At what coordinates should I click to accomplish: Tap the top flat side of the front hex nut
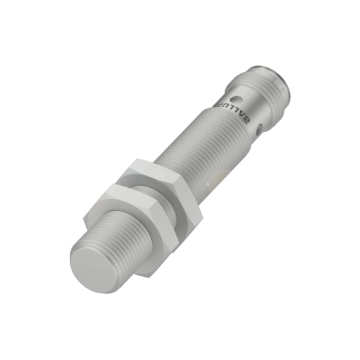(x=124, y=191)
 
